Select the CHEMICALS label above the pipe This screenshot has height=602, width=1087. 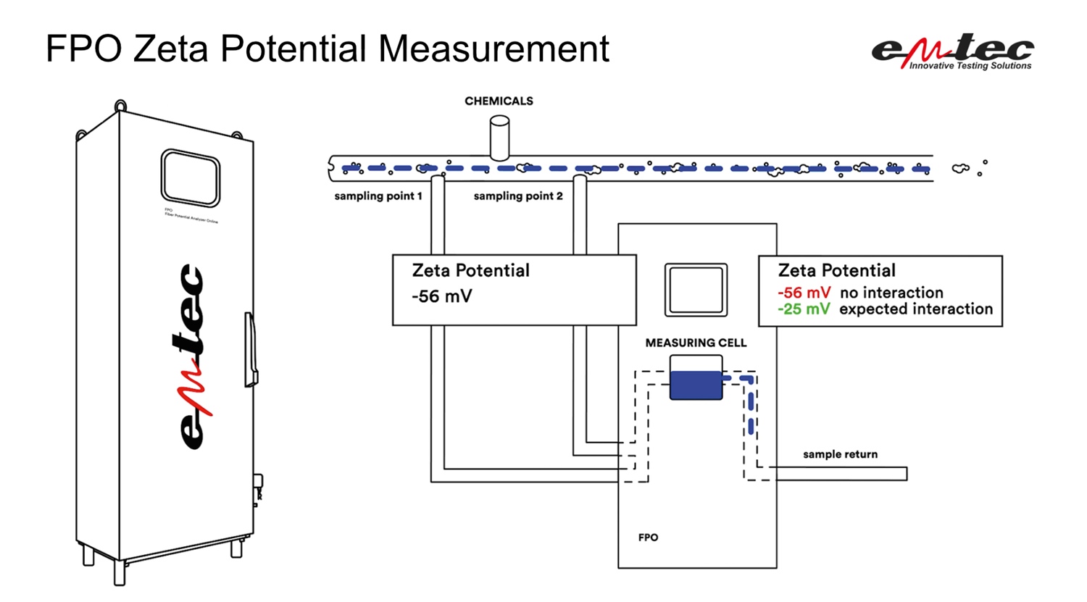coord(499,101)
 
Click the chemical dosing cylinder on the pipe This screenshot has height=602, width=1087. coord(499,138)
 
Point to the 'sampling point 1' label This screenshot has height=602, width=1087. coord(378,196)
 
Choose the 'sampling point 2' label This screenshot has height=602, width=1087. coord(518,196)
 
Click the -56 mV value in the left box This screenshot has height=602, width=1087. coord(441,296)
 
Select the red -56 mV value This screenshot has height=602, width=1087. coord(804,293)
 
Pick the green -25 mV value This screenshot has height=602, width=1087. coord(804,309)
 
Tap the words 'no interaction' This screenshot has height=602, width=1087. coord(891,293)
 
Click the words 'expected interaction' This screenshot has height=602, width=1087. coord(916,309)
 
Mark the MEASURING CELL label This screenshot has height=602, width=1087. coord(696,343)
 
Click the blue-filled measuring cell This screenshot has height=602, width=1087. coord(696,385)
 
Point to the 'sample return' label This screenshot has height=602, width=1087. coord(840,454)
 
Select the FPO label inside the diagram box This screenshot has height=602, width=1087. coord(648,538)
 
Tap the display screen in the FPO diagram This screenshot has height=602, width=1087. coord(696,290)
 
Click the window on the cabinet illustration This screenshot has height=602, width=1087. coord(190,178)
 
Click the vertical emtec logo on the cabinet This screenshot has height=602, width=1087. coord(193,355)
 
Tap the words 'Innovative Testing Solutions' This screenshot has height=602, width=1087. coord(970,66)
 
